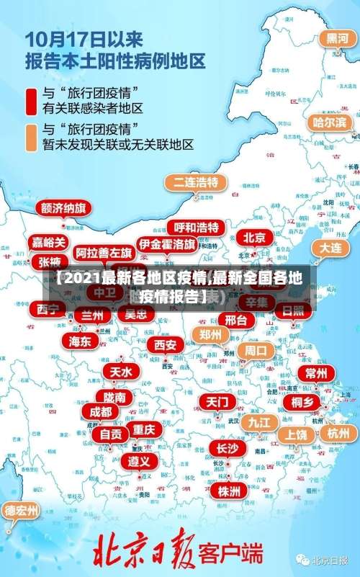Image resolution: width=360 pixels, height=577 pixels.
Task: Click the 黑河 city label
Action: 334,37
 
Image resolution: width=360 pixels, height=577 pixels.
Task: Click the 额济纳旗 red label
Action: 63,209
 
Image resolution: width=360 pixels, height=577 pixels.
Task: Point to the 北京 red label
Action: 254,237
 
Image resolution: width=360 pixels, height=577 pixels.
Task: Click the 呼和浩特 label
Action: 197,228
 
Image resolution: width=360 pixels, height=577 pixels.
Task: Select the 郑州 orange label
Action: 210,334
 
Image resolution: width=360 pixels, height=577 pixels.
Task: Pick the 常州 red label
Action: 316,372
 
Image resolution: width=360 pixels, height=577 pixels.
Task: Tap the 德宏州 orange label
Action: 21,510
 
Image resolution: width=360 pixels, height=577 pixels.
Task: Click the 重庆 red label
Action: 144,429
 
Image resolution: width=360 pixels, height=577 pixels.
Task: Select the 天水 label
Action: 121,372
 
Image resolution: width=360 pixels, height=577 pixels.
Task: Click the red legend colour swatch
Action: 31,101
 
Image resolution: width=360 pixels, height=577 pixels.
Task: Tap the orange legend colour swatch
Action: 31,138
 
